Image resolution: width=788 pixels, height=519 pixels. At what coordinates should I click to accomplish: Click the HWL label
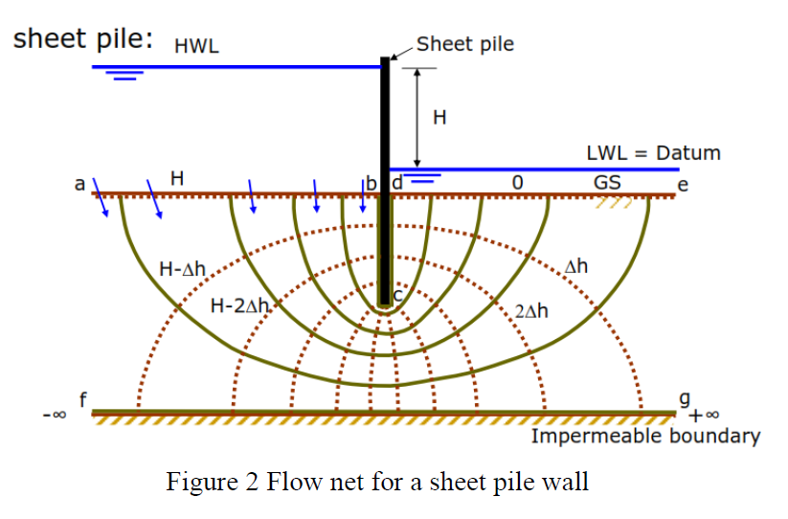pos(196,45)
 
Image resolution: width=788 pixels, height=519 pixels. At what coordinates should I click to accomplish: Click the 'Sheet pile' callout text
pos(465,44)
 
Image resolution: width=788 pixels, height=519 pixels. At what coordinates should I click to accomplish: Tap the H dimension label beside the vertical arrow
pos(439,118)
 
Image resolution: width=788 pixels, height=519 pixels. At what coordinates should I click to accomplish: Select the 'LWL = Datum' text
pos(653,153)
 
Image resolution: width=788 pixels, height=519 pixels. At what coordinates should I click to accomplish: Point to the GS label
pos(606,182)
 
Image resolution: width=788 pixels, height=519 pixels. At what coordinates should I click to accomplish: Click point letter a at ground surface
pos(80,182)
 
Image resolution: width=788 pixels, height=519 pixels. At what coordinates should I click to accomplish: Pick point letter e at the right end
pos(682,184)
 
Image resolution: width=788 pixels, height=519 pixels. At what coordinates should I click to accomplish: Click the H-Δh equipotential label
pos(183,269)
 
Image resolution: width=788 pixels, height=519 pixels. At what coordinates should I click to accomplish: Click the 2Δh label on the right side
pos(531,312)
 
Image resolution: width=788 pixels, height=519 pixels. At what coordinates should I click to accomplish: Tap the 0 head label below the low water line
pos(517,182)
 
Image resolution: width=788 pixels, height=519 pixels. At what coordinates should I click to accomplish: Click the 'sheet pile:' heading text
pos(81,39)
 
